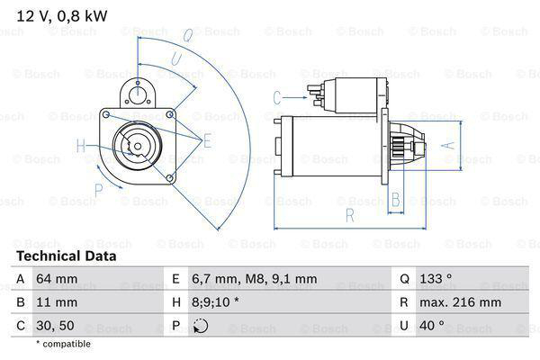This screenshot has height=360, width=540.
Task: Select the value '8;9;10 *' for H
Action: (x=216, y=303)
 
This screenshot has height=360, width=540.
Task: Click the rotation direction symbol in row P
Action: (x=200, y=326)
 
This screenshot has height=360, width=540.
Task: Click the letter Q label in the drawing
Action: (x=186, y=37)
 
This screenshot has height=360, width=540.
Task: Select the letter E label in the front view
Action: (x=207, y=140)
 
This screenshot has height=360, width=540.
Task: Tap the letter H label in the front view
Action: (x=80, y=146)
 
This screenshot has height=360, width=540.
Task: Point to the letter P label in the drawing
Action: (x=99, y=189)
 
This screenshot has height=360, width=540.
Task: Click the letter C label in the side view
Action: (x=277, y=97)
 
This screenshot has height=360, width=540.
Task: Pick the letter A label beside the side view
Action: (x=444, y=144)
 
